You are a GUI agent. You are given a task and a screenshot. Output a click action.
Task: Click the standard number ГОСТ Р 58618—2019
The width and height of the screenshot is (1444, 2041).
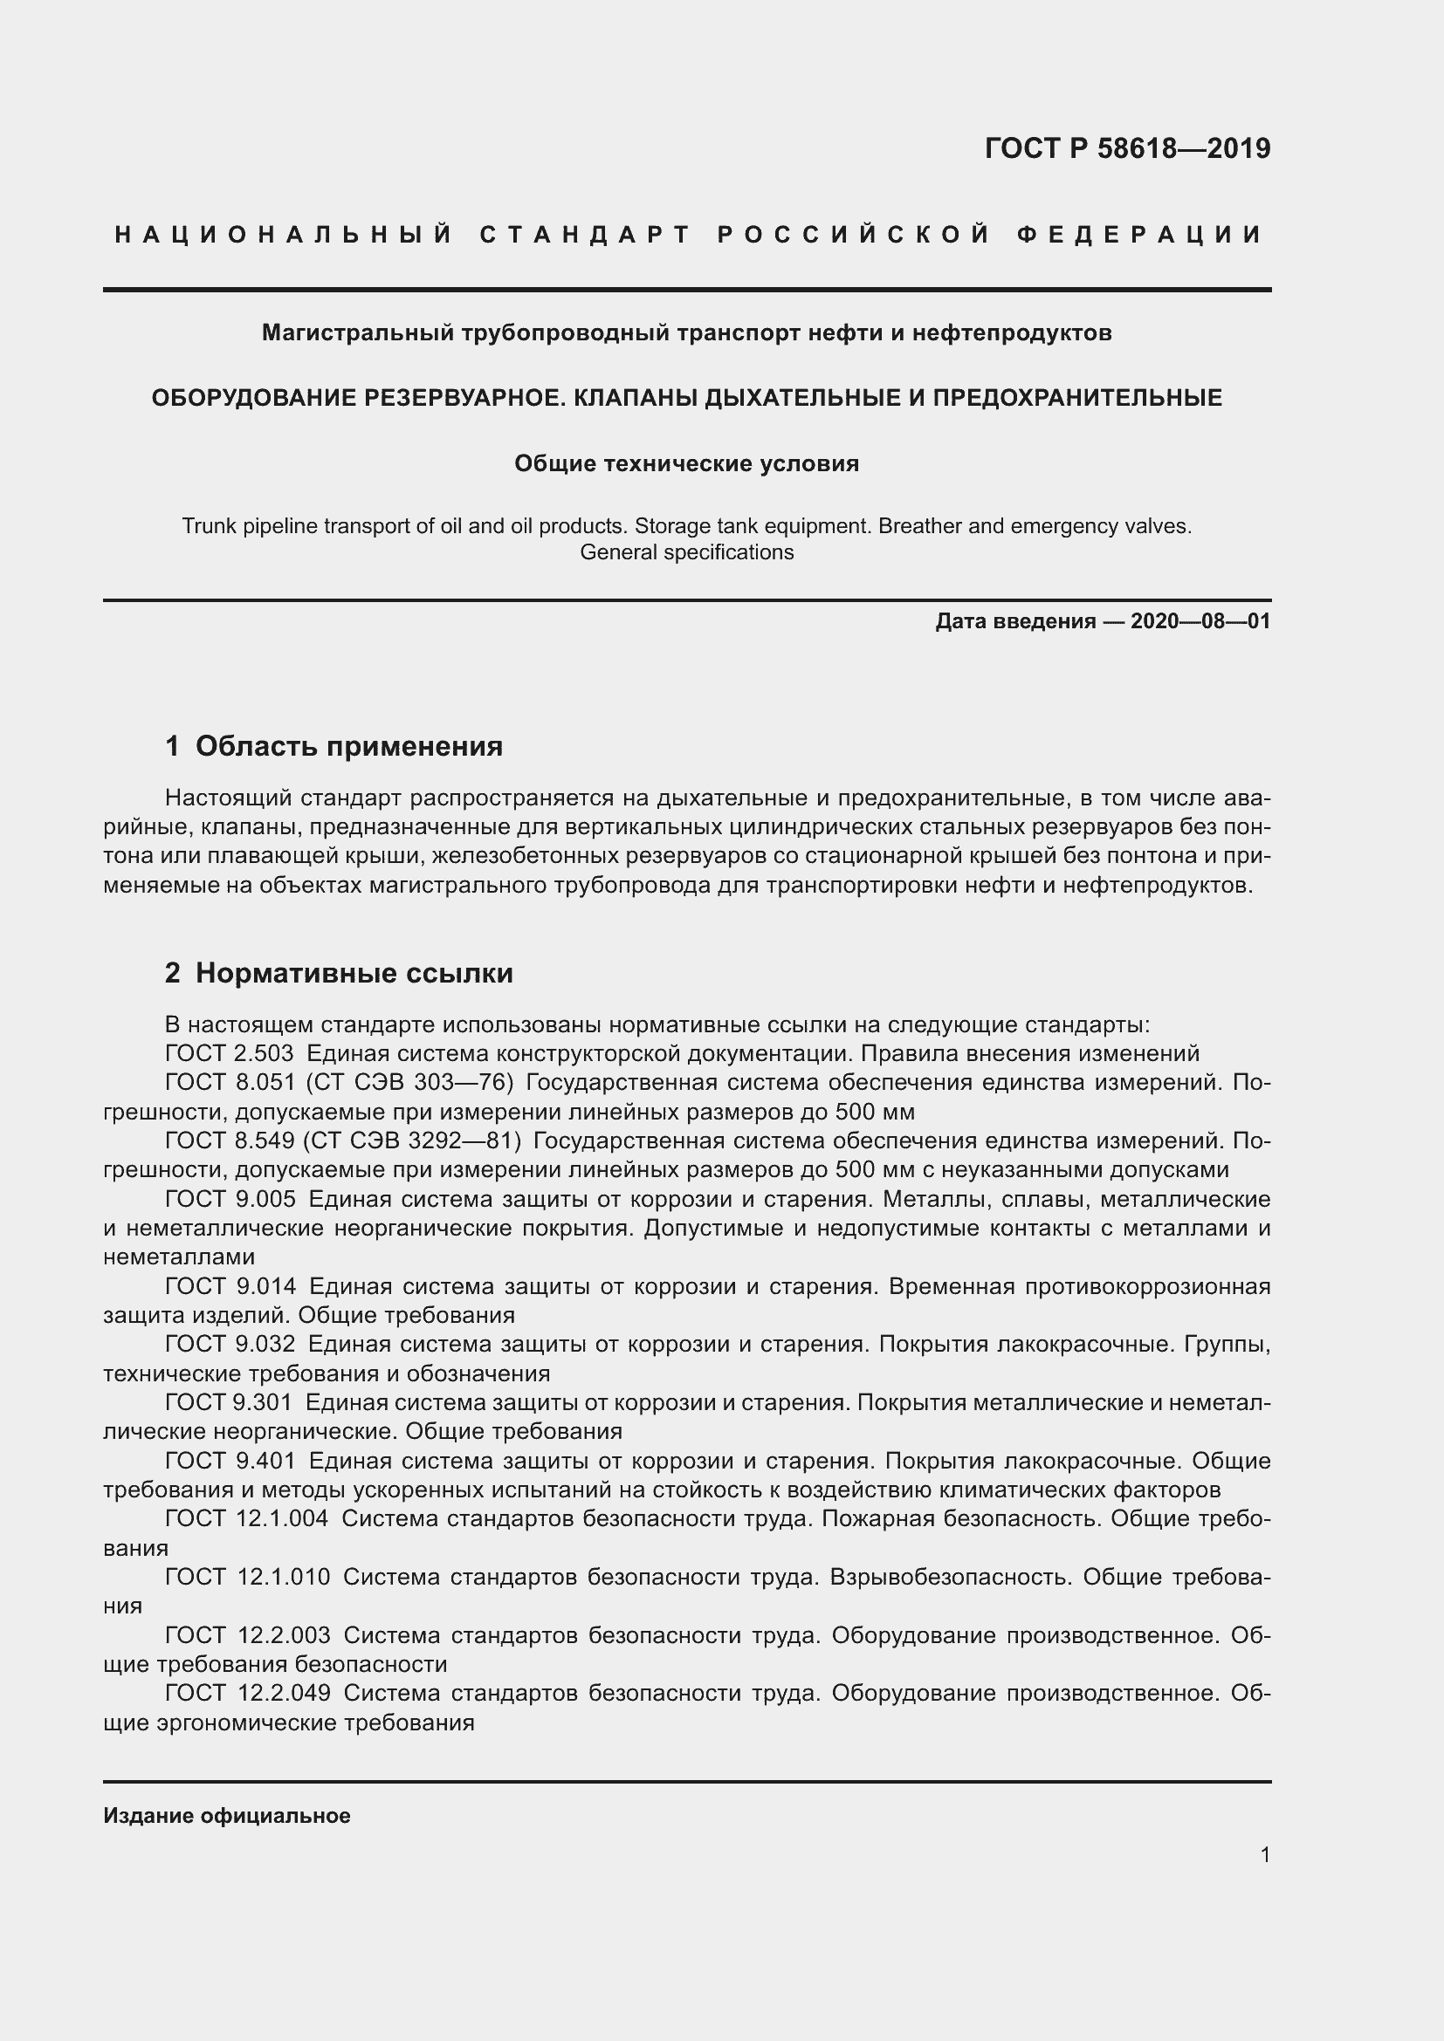point(1126,148)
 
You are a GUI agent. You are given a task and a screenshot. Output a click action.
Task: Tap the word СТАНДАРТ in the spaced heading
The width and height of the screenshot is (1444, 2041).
point(585,235)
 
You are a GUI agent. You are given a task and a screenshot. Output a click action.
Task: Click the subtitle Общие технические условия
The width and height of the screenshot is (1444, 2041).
point(686,463)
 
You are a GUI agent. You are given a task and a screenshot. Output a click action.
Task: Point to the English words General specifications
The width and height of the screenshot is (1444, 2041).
point(686,552)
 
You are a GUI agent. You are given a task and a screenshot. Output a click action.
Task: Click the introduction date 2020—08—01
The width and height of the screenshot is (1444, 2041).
point(1200,621)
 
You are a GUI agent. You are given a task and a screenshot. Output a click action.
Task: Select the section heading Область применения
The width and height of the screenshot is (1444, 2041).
point(348,746)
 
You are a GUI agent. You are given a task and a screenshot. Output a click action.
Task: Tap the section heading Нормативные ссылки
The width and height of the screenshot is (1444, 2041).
point(354,974)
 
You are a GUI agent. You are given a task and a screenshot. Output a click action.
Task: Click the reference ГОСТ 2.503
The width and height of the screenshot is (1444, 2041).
point(230,1053)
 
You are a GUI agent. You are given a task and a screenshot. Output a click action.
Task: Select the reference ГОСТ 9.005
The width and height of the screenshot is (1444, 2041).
point(230,1199)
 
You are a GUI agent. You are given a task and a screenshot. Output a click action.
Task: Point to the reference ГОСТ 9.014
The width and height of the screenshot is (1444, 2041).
point(230,1286)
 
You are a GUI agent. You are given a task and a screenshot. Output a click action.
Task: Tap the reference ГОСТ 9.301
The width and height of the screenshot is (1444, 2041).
point(229,1403)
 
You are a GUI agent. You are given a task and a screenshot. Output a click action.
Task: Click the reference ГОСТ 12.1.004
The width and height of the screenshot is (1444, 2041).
point(246,1518)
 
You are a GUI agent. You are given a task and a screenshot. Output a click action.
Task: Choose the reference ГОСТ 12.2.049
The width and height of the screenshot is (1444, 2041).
point(247,1694)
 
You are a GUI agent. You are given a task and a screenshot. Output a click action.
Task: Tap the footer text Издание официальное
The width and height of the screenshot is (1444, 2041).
point(227,1816)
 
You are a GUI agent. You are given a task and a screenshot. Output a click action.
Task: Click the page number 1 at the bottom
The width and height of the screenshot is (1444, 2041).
point(1264,1854)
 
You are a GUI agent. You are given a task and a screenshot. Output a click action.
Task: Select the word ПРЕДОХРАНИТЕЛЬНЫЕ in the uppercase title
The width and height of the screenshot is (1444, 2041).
point(1076,397)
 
